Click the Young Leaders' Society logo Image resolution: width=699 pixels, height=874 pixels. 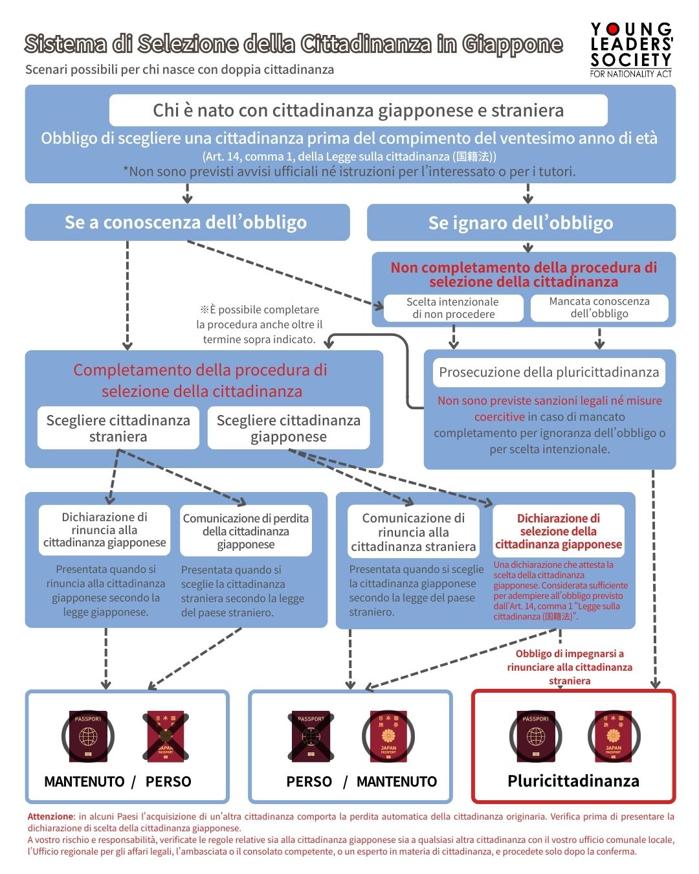tap(631, 50)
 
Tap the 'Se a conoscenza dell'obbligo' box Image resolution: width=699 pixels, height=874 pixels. tap(186, 223)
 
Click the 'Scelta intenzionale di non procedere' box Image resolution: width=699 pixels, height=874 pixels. tap(452, 308)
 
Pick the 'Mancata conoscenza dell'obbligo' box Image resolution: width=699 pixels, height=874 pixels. tap(599, 308)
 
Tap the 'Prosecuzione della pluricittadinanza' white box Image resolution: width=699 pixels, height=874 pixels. tap(549, 372)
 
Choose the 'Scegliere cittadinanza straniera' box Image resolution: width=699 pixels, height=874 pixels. tap(118, 428)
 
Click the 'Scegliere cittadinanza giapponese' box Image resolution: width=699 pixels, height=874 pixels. tap(288, 428)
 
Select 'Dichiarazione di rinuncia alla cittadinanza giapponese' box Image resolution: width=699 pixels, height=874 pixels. tap(104, 530)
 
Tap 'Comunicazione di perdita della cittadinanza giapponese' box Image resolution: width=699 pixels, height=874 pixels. tap(245, 531)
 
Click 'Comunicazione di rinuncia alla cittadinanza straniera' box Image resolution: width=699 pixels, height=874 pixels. tap(414, 532)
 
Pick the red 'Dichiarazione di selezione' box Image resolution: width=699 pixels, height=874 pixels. tap(558, 531)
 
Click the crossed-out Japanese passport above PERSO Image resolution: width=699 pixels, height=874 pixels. tap(165, 737)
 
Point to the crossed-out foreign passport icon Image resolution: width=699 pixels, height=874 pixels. tap(311, 737)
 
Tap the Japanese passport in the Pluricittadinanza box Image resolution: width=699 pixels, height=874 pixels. tap(613, 737)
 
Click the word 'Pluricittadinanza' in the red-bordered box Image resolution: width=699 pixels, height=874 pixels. tap(573, 781)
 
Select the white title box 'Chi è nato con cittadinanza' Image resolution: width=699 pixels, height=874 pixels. tap(358, 111)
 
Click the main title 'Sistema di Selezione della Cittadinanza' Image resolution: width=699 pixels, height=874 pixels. tap(293, 44)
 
